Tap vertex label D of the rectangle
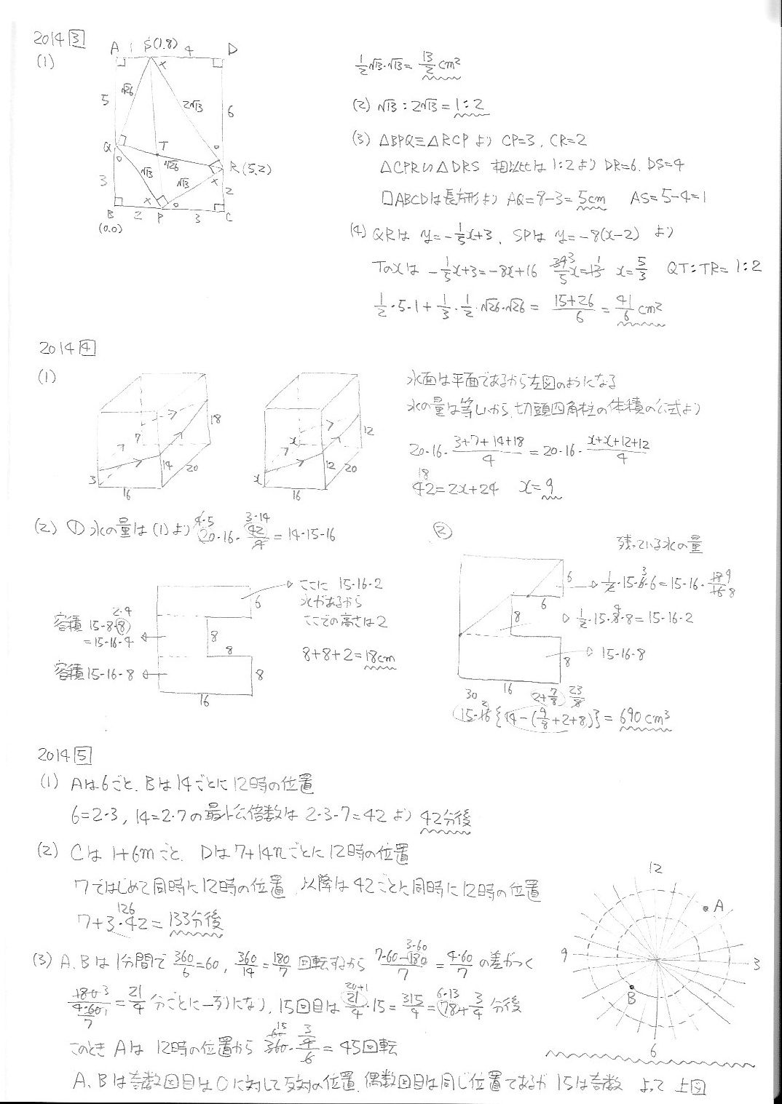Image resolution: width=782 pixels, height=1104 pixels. click(x=232, y=49)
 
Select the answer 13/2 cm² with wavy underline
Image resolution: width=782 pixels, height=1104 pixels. click(x=441, y=64)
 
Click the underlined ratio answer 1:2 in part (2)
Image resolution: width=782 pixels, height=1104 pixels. click(x=469, y=106)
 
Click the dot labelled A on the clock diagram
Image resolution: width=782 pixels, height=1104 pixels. click(x=706, y=908)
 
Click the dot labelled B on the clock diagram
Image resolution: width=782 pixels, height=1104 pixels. click(x=629, y=987)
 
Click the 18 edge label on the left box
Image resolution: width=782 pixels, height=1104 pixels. click(x=215, y=418)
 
